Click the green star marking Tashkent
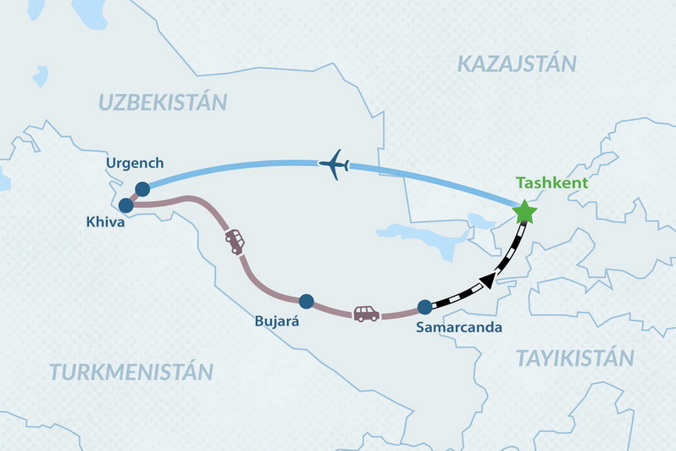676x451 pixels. [525, 211]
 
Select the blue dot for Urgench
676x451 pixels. [142, 189]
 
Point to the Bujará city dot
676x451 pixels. [307, 300]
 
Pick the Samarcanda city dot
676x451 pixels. [425, 308]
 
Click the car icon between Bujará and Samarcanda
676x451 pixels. [366, 314]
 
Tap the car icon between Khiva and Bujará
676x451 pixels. [235, 242]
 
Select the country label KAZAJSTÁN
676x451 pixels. [516, 64]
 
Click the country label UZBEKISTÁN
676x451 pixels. [163, 103]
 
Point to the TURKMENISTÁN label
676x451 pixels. [130, 372]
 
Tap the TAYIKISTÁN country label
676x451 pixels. [575, 359]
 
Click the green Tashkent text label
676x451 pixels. [551, 183]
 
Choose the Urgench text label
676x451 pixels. [135, 163]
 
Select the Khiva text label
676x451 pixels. [106, 223]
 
